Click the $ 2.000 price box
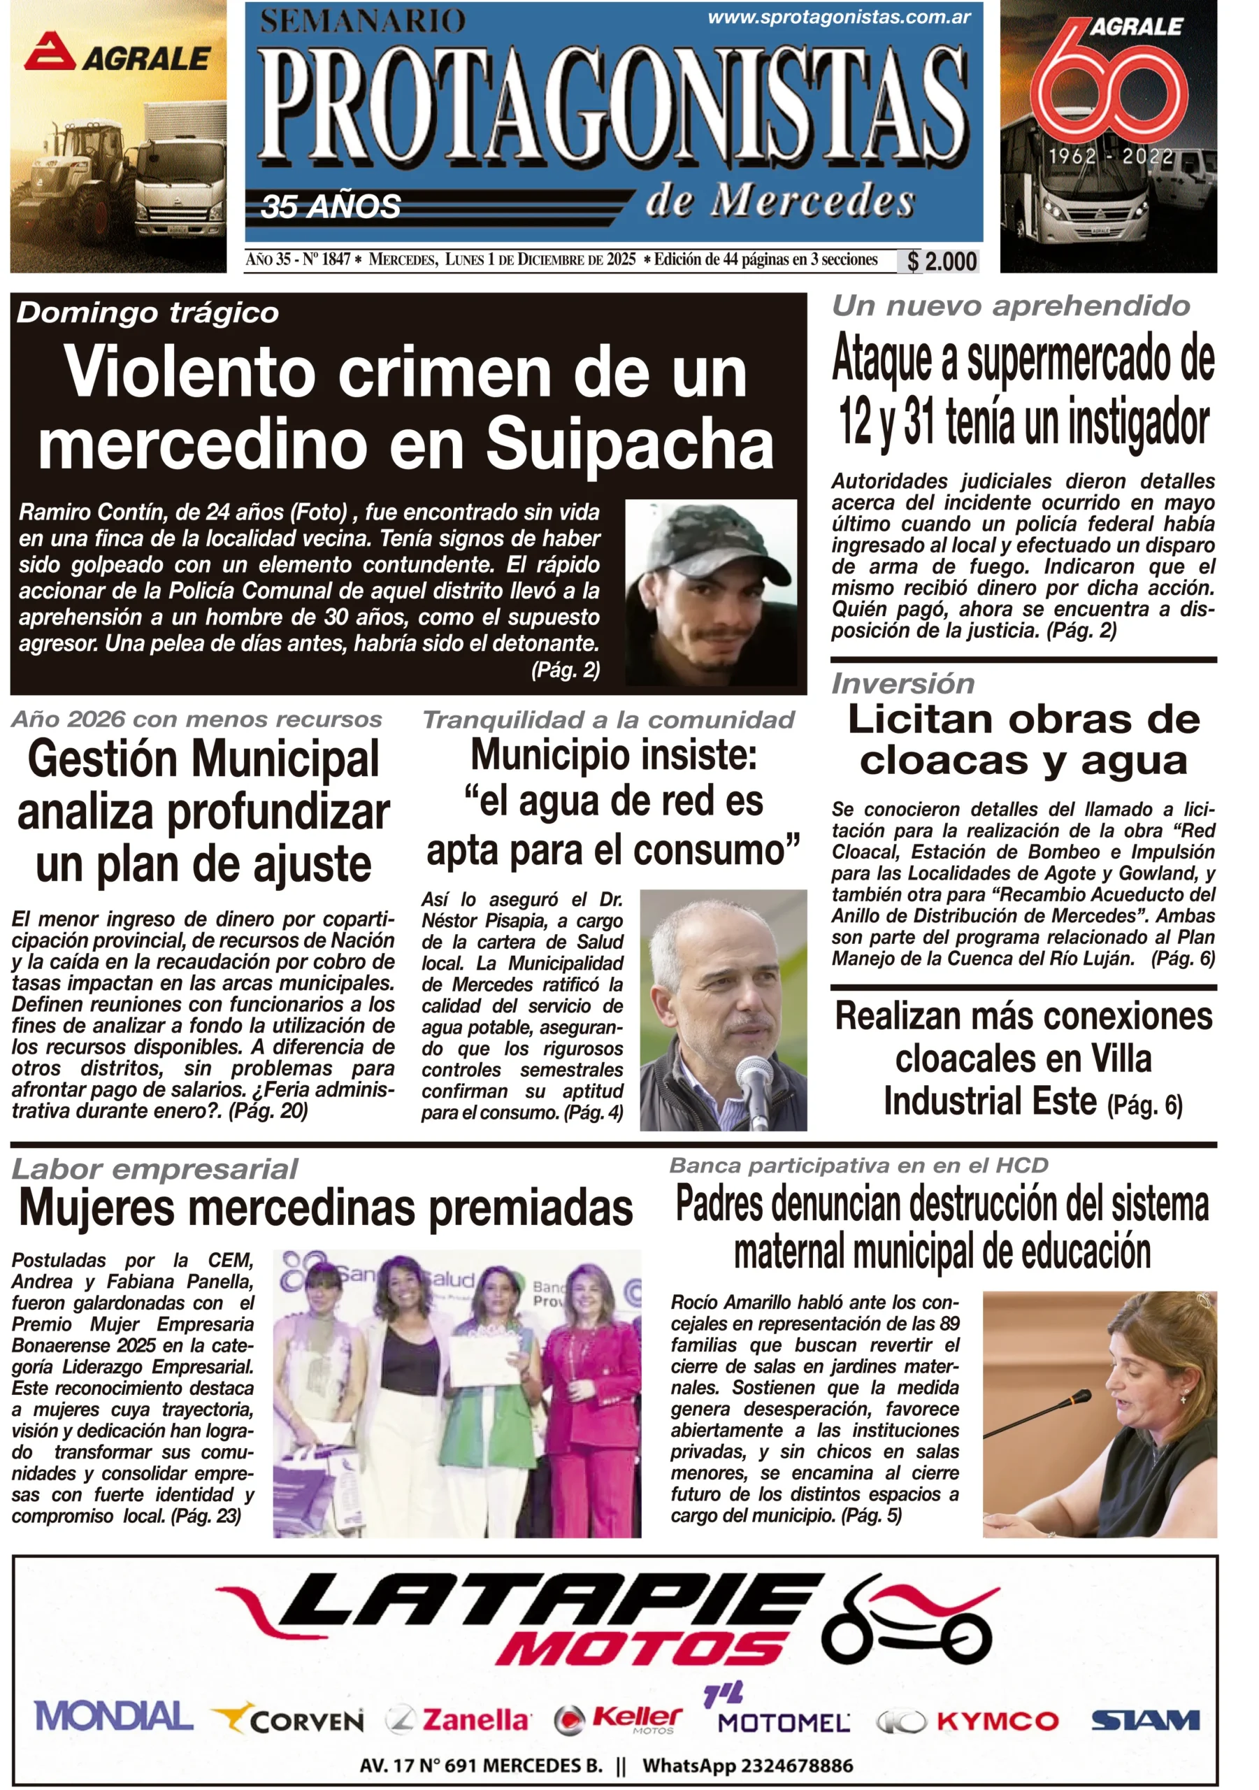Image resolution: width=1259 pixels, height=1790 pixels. (941, 262)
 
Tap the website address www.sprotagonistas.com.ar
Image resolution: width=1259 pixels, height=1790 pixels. (839, 17)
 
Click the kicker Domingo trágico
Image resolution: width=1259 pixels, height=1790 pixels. (148, 313)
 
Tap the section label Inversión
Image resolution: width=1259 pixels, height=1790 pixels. (902, 684)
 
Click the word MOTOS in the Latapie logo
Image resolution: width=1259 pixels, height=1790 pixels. (641, 1648)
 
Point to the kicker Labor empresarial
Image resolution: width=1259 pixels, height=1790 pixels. (154, 1169)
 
